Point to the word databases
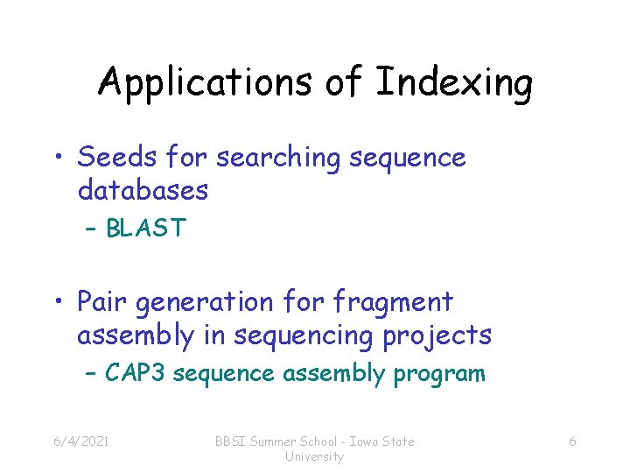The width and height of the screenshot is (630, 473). point(143,189)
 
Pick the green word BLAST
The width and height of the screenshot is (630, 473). point(145,229)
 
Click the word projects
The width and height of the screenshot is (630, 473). point(444,335)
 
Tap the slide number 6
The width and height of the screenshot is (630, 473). point(572,441)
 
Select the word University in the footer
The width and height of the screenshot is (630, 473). point(315,457)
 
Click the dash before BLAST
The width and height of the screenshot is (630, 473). point(92,229)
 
